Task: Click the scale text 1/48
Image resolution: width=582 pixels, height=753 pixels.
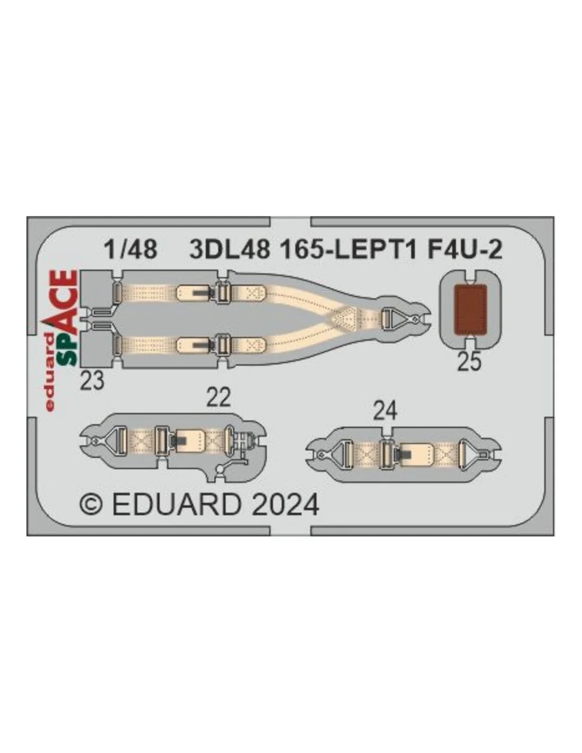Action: pos(131,249)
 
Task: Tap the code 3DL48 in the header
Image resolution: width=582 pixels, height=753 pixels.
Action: pos(229,249)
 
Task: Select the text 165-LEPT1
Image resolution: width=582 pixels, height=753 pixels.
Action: pos(348,249)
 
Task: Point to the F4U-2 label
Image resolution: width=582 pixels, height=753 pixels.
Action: pos(465,249)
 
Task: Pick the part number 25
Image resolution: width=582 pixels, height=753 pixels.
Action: pos(469,362)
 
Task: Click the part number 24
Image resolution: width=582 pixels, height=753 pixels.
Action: pos(385,411)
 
